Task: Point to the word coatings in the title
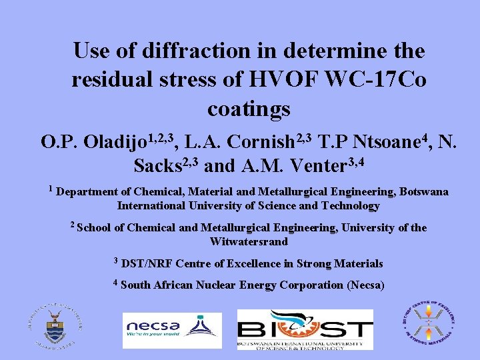[x=249, y=108]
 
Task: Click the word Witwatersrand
[x=249, y=241]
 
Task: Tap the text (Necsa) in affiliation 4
[x=365, y=285]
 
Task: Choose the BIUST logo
[x=305, y=329]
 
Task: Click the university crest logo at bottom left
[x=55, y=327]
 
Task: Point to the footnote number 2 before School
[x=73, y=225]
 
